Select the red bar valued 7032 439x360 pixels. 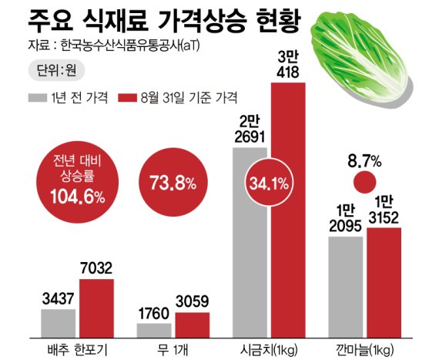(96, 307)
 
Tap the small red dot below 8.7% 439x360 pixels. (365, 183)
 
